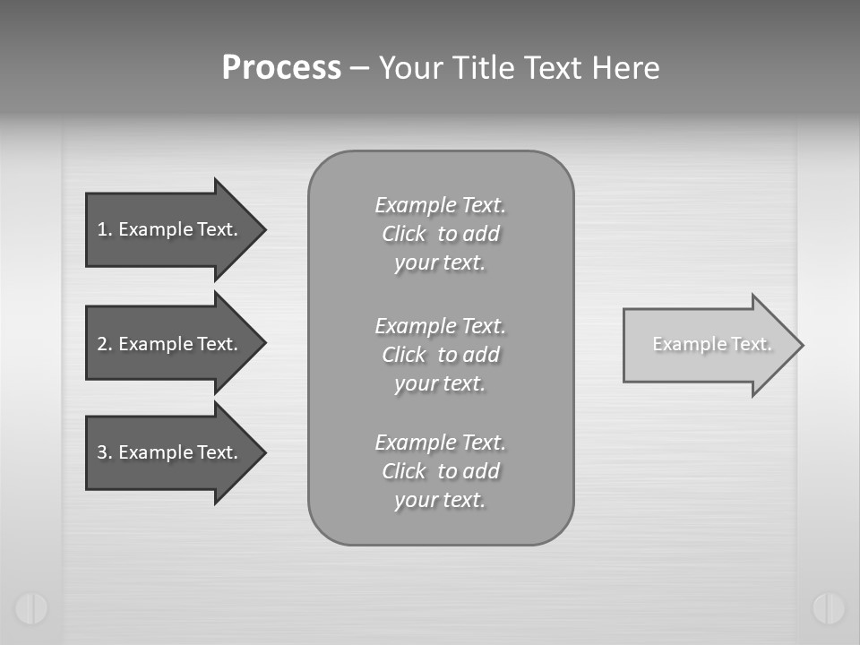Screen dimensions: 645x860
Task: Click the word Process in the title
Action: pyautogui.click(x=281, y=68)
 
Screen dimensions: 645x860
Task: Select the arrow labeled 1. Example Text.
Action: pyautogui.click(x=170, y=229)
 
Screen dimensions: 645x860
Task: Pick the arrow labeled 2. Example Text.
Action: pyautogui.click(x=170, y=344)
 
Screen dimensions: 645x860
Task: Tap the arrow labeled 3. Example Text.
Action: pyautogui.click(x=170, y=452)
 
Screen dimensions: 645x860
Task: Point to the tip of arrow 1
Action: pyautogui.click(x=263, y=229)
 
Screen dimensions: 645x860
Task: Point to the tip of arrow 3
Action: pyautogui.click(x=263, y=452)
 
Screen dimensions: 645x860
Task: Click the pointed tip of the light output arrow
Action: pyautogui.click(x=800, y=345)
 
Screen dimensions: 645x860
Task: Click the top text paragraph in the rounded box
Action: pyautogui.click(x=440, y=234)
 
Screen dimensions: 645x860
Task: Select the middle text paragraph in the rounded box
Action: pyautogui.click(x=440, y=355)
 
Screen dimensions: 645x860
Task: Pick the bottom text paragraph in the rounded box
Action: pyautogui.click(x=440, y=471)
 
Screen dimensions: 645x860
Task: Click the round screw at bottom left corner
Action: pyautogui.click(x=31, y=608)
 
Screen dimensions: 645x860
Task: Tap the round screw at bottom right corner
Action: pyautogui.click(x=829, y=608)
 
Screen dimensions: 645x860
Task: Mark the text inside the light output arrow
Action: pyautogui.click(x=712, y=344)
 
